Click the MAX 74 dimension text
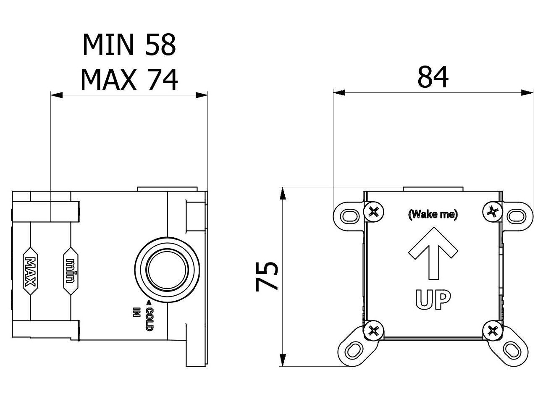coord(129,79)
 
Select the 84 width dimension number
coord(433,77)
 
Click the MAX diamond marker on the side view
coord(30,272)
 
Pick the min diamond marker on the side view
coord(71,272)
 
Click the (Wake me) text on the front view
coord(433,215)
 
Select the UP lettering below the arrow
coord(433,299)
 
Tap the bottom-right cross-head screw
coord(492,331)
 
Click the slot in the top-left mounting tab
coord(348,216)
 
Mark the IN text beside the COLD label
coord(135,313)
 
